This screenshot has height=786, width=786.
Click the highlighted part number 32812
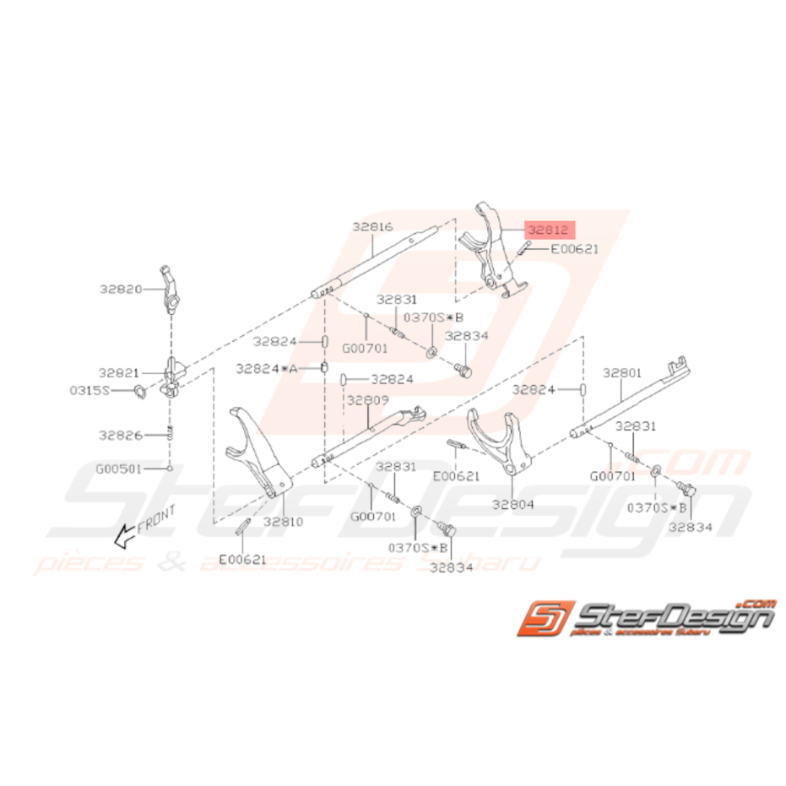pos(549,229)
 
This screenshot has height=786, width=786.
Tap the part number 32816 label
pos(372,226)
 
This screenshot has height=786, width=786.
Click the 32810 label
pos(282,522)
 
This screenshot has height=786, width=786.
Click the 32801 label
pos(622,371)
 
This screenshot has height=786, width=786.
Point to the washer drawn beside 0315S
pos(139,391)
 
